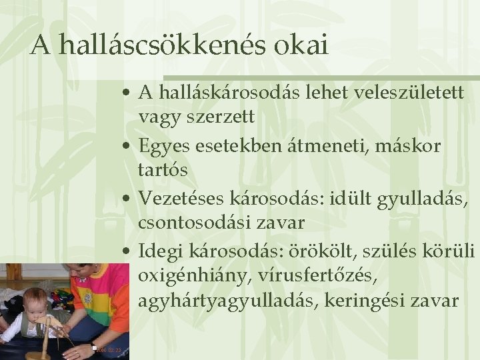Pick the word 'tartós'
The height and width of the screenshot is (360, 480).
(163, 169)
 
